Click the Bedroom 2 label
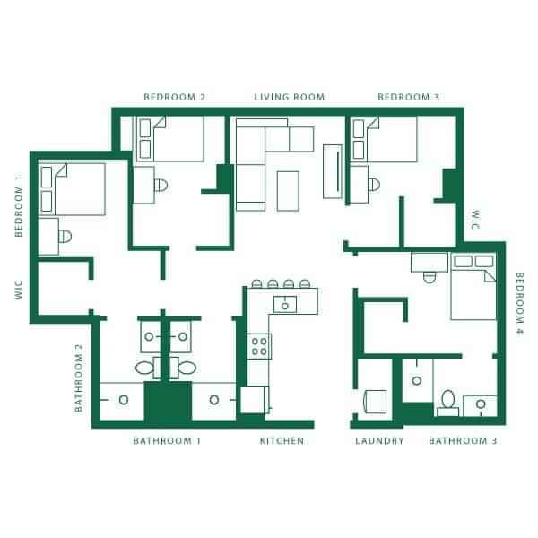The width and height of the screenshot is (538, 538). [175, 97]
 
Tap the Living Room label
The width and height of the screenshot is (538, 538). [289, 97]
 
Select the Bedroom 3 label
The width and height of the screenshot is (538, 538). [408, 97]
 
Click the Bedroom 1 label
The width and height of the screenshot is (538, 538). [18, 205]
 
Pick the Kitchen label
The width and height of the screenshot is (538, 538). [282, 440]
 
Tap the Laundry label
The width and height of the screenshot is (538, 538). [379, 440]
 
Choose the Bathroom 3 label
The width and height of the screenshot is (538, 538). [463, 440]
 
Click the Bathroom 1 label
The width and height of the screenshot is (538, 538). [167, 440]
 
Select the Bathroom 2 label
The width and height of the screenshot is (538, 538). [79, 377]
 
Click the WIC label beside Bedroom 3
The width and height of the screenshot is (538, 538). [476, 221]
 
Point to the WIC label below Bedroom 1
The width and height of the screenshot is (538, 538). [18, 286]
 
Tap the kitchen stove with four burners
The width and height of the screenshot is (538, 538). [260, 345]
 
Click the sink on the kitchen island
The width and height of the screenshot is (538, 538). [285, 305]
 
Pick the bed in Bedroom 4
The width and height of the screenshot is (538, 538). [473, 286]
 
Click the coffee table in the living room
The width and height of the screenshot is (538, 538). [288, 188]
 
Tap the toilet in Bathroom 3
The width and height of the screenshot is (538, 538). [447, 401]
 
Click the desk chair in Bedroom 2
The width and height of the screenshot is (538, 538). [161, 187]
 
